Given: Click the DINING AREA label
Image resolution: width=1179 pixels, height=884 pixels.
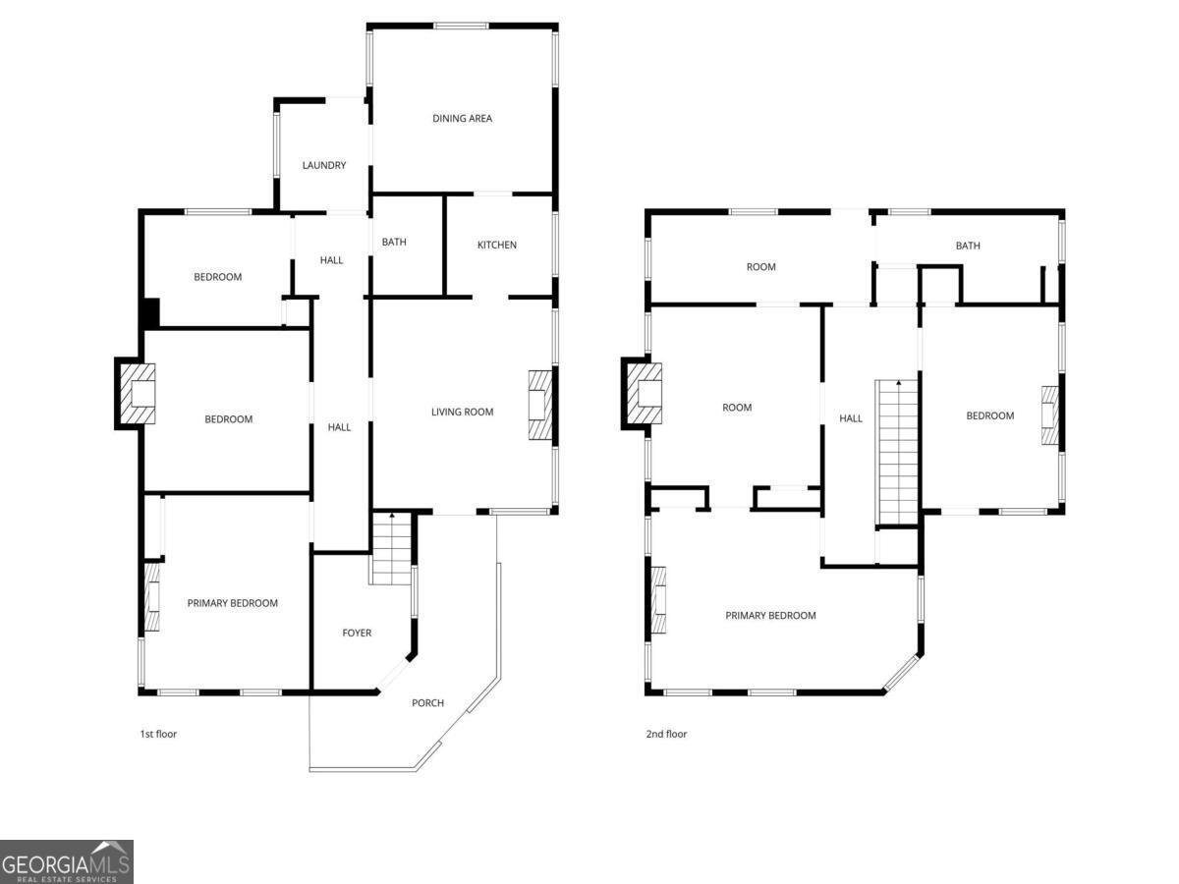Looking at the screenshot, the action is click(x=462, y=118).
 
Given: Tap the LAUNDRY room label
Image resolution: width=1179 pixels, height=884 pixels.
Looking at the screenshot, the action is click(x=324, y=165).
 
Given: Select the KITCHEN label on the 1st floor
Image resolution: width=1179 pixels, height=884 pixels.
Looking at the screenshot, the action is click(x=497, y=245).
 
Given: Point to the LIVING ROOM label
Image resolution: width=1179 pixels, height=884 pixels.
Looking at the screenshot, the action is click(x=462, y=412).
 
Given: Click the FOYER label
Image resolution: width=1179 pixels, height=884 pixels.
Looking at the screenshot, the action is click(x=357, y=633).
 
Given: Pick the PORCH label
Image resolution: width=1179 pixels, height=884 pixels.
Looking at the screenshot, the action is click(x=427, y=702).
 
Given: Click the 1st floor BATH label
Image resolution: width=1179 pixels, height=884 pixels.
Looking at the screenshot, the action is click(x=394, y=242).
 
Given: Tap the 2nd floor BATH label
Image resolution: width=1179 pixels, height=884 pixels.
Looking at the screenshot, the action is click(x=968, y=246).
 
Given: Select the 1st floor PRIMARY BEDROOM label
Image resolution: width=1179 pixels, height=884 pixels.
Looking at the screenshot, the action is click(x=233, y=603).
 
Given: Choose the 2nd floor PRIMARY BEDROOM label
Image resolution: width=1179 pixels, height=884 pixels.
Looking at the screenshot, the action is click(x=770, y=616).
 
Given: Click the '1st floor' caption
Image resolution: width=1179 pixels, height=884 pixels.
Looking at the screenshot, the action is click(x=158, y=734).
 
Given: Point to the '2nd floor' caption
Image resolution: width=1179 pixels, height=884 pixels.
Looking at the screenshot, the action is click(x=666, y=734).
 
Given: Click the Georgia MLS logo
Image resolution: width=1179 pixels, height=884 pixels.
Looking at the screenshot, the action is click(x=66, y=861).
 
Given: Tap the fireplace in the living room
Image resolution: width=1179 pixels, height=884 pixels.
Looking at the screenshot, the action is click(x=540, y=406).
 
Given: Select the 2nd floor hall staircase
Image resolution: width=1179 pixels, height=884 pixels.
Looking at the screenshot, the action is click(x=897, y=452).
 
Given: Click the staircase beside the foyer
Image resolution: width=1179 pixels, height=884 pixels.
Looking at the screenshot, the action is click(x=392, y=548).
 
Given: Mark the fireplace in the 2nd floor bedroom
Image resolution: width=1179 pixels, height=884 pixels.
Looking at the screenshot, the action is click(x=1050, y=415).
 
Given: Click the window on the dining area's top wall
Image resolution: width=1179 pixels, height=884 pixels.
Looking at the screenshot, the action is click(x=461, y=26).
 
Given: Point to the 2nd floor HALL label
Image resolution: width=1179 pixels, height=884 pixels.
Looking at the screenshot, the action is click(x=851, y=418).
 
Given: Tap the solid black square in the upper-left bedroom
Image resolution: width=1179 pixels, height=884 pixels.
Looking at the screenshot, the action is click(x=151, y=313).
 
